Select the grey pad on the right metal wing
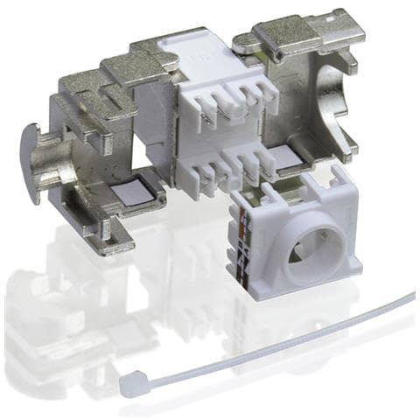coord(283,157)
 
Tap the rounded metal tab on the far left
coord(32,162)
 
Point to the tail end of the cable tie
coord(408,297)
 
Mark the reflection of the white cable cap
coord(289,332)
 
